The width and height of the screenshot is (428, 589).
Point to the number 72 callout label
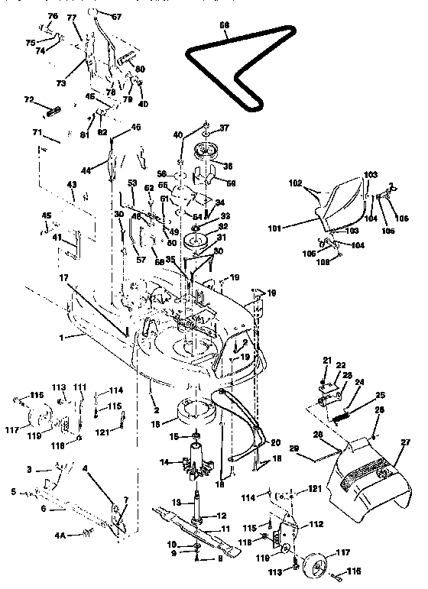[x=30, y=100]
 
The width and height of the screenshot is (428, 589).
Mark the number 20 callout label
[x=274, y=441]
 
